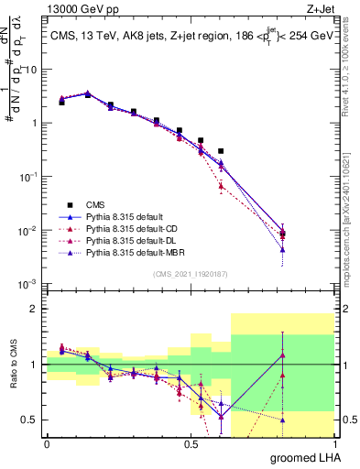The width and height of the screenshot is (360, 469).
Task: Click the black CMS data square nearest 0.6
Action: (x=221, y=150)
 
